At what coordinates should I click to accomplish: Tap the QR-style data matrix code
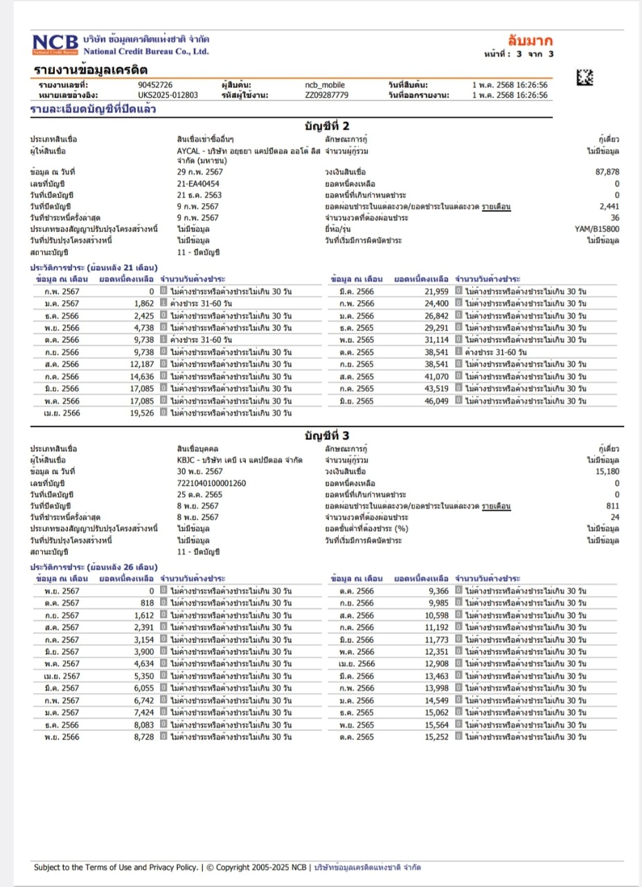pyautogui.click(x=585, y=78)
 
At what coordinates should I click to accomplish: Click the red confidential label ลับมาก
pyautogui.click(x=530, y=40)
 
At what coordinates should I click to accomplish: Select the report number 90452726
pyautogui.click(x=155, y=85)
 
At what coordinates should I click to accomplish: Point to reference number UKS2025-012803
pyautogui.click(x=168, y=95)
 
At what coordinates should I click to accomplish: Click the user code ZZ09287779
pyautogui.click(x=326, y=95)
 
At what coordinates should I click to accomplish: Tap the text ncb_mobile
pyautogui.click(x=325, y=85)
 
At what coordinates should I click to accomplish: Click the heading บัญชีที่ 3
pyautogui.click(x=327, y=436)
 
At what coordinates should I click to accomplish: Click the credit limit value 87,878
pyautogui.click(x=607, y=173)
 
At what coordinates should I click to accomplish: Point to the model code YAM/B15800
pyautogui.click(x=597, y=229)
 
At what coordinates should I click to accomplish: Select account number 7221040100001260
pyautogui.click(x=211, y=483)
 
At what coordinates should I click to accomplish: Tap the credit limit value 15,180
pyautogui.click(x=607, y=472)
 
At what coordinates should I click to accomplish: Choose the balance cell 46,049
pyautogui.click(x=436, y=401)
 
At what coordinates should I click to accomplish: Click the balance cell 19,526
pyautogui.click(x=143, y=413)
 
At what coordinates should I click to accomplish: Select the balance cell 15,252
pyautogui.click(x=436, y=737)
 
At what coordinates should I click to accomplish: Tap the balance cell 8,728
pyautogui.click(x=143, y=737)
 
